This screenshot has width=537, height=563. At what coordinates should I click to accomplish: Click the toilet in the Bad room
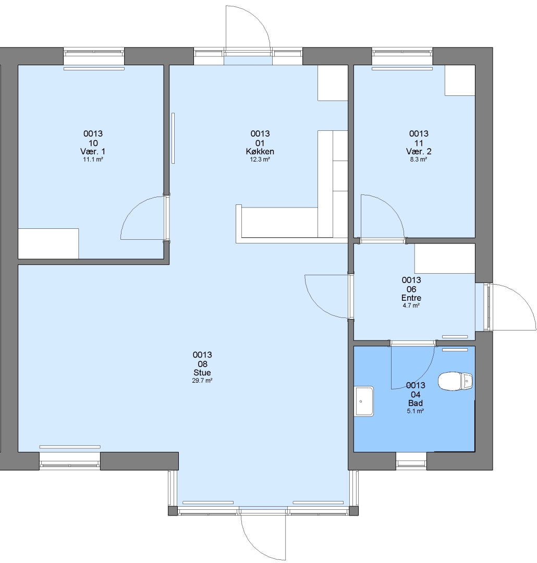(455, 381)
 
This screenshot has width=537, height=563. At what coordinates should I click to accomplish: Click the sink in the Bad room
(364, 401)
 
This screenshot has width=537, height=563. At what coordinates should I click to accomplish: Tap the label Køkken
(260, 152)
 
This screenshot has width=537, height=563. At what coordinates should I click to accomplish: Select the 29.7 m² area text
(202, 381)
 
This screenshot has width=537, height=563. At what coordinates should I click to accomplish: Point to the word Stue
(202, 372)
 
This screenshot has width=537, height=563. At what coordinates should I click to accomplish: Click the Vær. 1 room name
(93, 151)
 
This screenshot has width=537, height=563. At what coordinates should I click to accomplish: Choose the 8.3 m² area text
(419, 160)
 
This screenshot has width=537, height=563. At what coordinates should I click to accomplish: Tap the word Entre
(411, 298)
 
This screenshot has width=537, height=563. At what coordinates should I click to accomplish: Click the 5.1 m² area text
(415, 411)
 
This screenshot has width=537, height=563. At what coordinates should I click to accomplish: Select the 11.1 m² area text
(93, 160)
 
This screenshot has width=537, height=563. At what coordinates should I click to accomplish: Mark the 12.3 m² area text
(260, 160)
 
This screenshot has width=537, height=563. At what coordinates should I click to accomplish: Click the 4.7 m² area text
(411, 305)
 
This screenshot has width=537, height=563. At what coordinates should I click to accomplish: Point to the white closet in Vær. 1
(48, 243)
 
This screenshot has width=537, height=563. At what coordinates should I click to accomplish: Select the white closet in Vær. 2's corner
(460, 80)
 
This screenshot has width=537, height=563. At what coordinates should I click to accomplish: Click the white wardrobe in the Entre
(445, 259)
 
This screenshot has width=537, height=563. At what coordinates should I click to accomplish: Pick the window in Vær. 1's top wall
(94, 53)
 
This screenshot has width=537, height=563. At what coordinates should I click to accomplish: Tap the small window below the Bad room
(411, 461)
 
